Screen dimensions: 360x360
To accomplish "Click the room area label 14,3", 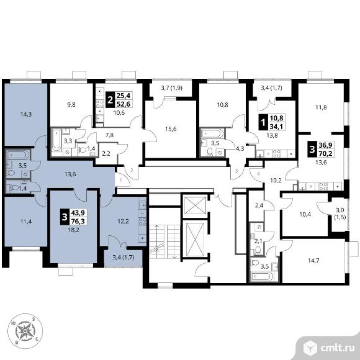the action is (x=26, y=114).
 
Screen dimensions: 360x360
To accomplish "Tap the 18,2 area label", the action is (x=73, y=230).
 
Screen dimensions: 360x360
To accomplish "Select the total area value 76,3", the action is (x=78, y=221).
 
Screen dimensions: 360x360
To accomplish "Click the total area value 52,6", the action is (x=124, y=104).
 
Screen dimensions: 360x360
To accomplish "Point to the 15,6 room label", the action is (x=171, y=129).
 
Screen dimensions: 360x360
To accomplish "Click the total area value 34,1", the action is (x=276, y=127).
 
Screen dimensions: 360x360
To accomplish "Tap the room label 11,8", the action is (x=321, y=107).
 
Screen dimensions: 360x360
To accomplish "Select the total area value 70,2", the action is (x=326, y=153).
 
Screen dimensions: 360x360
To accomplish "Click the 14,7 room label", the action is (x=313, y=260).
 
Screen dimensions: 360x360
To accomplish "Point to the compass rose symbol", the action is (x=25, y=331).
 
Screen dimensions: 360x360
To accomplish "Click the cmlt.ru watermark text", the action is (x=337, y=348).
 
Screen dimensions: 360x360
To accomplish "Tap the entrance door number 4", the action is (x=258, y=174).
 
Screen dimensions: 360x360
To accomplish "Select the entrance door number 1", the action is (x=121, y=180).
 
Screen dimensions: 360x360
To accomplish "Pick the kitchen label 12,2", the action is (x=123, y=222).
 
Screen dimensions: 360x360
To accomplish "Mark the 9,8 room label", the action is (x=71, y=105).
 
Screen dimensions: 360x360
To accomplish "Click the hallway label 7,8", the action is (x=109, y=135).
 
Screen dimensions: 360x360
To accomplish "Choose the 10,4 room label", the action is (x=305, y=214).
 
